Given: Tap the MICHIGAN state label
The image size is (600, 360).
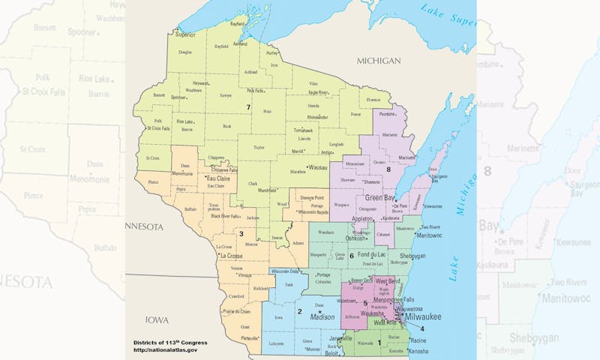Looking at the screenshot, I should click(x=379, y=60).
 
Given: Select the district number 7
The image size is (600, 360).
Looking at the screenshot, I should click(x=248, y=107).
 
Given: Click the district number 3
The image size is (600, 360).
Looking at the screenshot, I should click(x=241, y=234).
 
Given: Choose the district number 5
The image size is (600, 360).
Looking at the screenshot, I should click(x=364, y=303).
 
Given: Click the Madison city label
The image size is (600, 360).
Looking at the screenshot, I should click(x=322, y=317).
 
